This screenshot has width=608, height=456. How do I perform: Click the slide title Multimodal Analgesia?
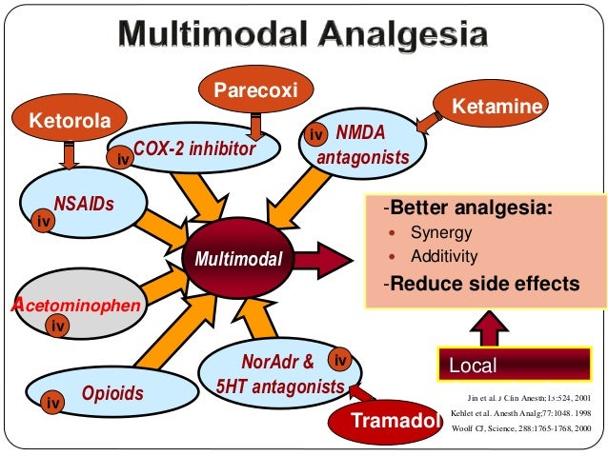pos(303,37)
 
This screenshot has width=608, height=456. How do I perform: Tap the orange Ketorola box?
pos(64,122)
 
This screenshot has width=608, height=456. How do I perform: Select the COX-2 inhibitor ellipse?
pos(194,149)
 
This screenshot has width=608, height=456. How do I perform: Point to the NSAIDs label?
pos(84,203)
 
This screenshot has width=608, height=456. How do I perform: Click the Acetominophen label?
pos(75,305)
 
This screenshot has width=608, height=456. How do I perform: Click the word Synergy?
pos(441,232)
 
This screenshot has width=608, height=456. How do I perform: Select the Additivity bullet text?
pos(444,256)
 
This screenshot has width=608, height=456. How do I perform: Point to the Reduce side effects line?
pos(480,284)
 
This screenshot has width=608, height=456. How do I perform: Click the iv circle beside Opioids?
pos(54,404)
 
